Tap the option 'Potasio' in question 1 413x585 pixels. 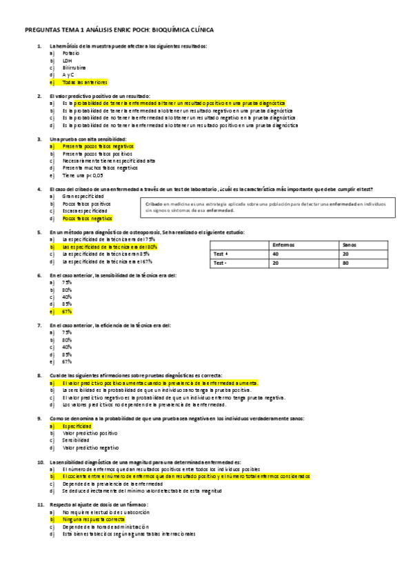(x=71, y=52)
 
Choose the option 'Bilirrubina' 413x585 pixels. (x=74, y=68)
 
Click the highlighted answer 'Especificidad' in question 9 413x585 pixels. (x=77, y=426)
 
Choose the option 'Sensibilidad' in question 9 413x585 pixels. (x=76, y=440)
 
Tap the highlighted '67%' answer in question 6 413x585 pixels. (x=67, y=311)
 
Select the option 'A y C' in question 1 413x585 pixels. (x=68, y=75)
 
